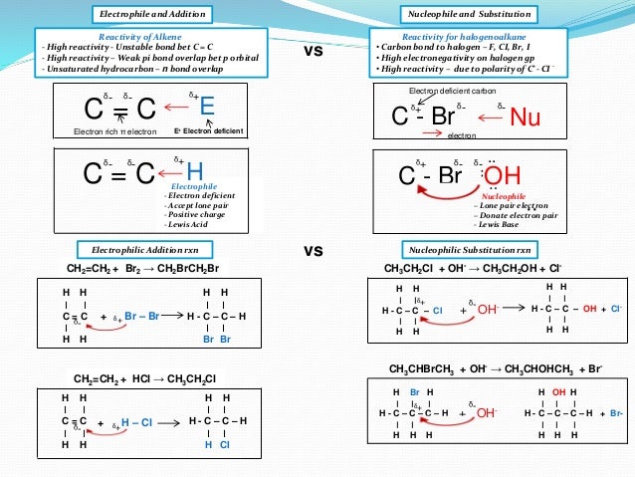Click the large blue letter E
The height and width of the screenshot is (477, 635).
coord(207,106)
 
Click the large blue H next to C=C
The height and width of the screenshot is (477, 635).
coord(195,172)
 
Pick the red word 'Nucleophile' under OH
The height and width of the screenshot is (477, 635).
coord(503,196)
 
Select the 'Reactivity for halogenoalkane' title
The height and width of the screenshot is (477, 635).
coord(472,36)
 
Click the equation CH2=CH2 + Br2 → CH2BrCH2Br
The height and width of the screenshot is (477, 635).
coord(142,269)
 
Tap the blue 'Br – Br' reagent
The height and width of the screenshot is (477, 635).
coord(142,316)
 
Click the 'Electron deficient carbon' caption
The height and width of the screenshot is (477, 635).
coord(453,91)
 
